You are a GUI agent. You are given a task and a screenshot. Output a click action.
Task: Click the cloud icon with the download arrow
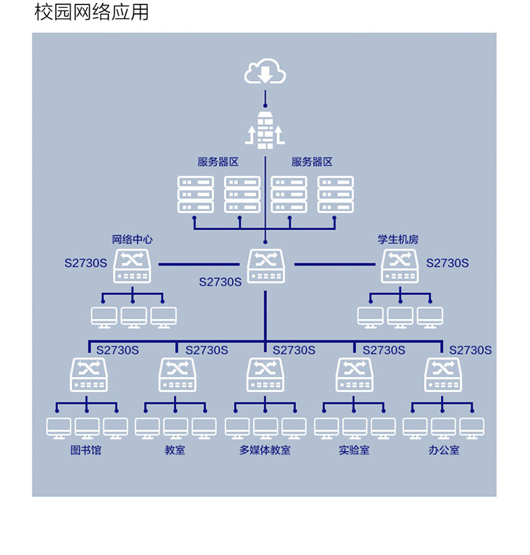(x=265, y=71)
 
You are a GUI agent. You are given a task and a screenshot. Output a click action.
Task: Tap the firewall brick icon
(x=265, y=130)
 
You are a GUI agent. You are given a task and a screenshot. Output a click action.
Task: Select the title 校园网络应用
(x=91, y=12)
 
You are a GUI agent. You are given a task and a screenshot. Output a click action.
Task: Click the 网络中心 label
(x=132, y=239)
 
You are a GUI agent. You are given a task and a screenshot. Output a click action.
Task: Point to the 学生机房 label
(x=398, y=239)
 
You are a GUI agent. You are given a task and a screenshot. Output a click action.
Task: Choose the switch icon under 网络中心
(x=132, y=265)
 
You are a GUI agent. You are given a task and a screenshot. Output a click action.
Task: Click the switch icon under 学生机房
(x=400, y=265)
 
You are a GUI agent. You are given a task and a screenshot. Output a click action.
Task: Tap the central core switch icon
(x=266, y=265)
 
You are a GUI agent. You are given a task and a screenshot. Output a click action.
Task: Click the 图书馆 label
(x=86, y=450)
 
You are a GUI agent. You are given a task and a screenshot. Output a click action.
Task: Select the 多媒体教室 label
(x=265, y=450)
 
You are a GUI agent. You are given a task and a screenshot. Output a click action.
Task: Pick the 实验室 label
(x=354, y=450)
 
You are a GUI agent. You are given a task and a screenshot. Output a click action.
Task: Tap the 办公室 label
(x=444, y=450)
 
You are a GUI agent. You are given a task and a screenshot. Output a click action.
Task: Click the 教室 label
(x=175, y=450)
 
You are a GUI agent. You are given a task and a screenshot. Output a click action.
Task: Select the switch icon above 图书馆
(x=89, y=374)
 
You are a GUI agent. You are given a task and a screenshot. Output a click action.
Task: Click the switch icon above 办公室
(x=443, y=374)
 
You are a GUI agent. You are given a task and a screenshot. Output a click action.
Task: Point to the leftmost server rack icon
(x=196, y=194)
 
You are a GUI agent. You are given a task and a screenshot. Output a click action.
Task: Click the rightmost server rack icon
(x=336, y=194)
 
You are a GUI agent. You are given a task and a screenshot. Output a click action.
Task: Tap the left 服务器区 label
(x=218, y=162)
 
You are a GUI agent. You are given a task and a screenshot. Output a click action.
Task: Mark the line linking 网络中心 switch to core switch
(x=199, y=264)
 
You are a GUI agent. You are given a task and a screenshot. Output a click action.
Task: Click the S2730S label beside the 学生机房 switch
(x=447, y=263)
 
